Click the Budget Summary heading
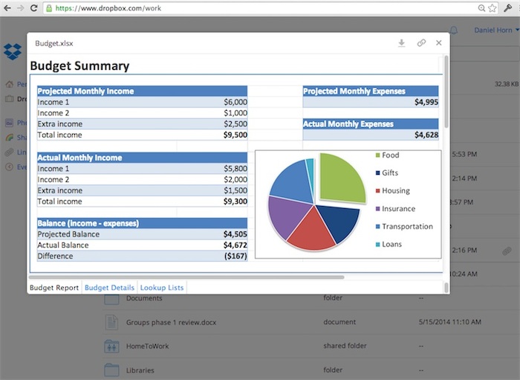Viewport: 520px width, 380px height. click(x=79, y=66)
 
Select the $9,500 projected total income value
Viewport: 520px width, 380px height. click(x=235, y=135)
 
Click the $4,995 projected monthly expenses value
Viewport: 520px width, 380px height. click(x=426, y=102)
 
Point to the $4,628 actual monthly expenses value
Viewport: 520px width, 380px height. click(x=426, y=135)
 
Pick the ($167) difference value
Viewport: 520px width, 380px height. click(x=235, y=256)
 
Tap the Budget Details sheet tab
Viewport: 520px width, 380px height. click(x=109, y=288)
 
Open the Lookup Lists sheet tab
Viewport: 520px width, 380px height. click(x=162, y=288)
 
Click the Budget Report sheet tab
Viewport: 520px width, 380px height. click(x=53, y=288)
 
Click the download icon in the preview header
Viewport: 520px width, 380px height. click(x=401, y=43)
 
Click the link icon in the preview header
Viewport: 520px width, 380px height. click(x=421, y=43)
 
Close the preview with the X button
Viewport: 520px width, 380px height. click(x=439, y=43)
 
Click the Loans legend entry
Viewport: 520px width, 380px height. click(x=391, y=244)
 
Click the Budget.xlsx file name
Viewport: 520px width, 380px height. click(x=54, y=43)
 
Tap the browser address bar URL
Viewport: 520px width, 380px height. click(x=108, y=8)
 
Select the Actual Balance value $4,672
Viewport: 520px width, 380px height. click(x=235, y=245)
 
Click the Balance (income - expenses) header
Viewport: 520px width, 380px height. click(x=88, y=223)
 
